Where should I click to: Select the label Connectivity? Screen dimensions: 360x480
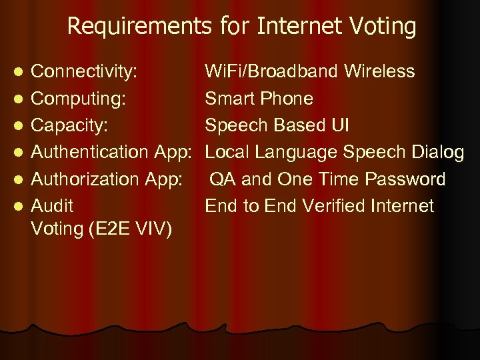click(x=85, y=71)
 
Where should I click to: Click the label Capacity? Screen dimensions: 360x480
click(x=70, y=125)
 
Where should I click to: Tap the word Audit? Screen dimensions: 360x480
click(x=53, y=206)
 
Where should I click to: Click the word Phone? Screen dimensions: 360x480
click(x=287, y=99)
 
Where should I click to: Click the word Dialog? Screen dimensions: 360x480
click(x=437, y=152)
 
